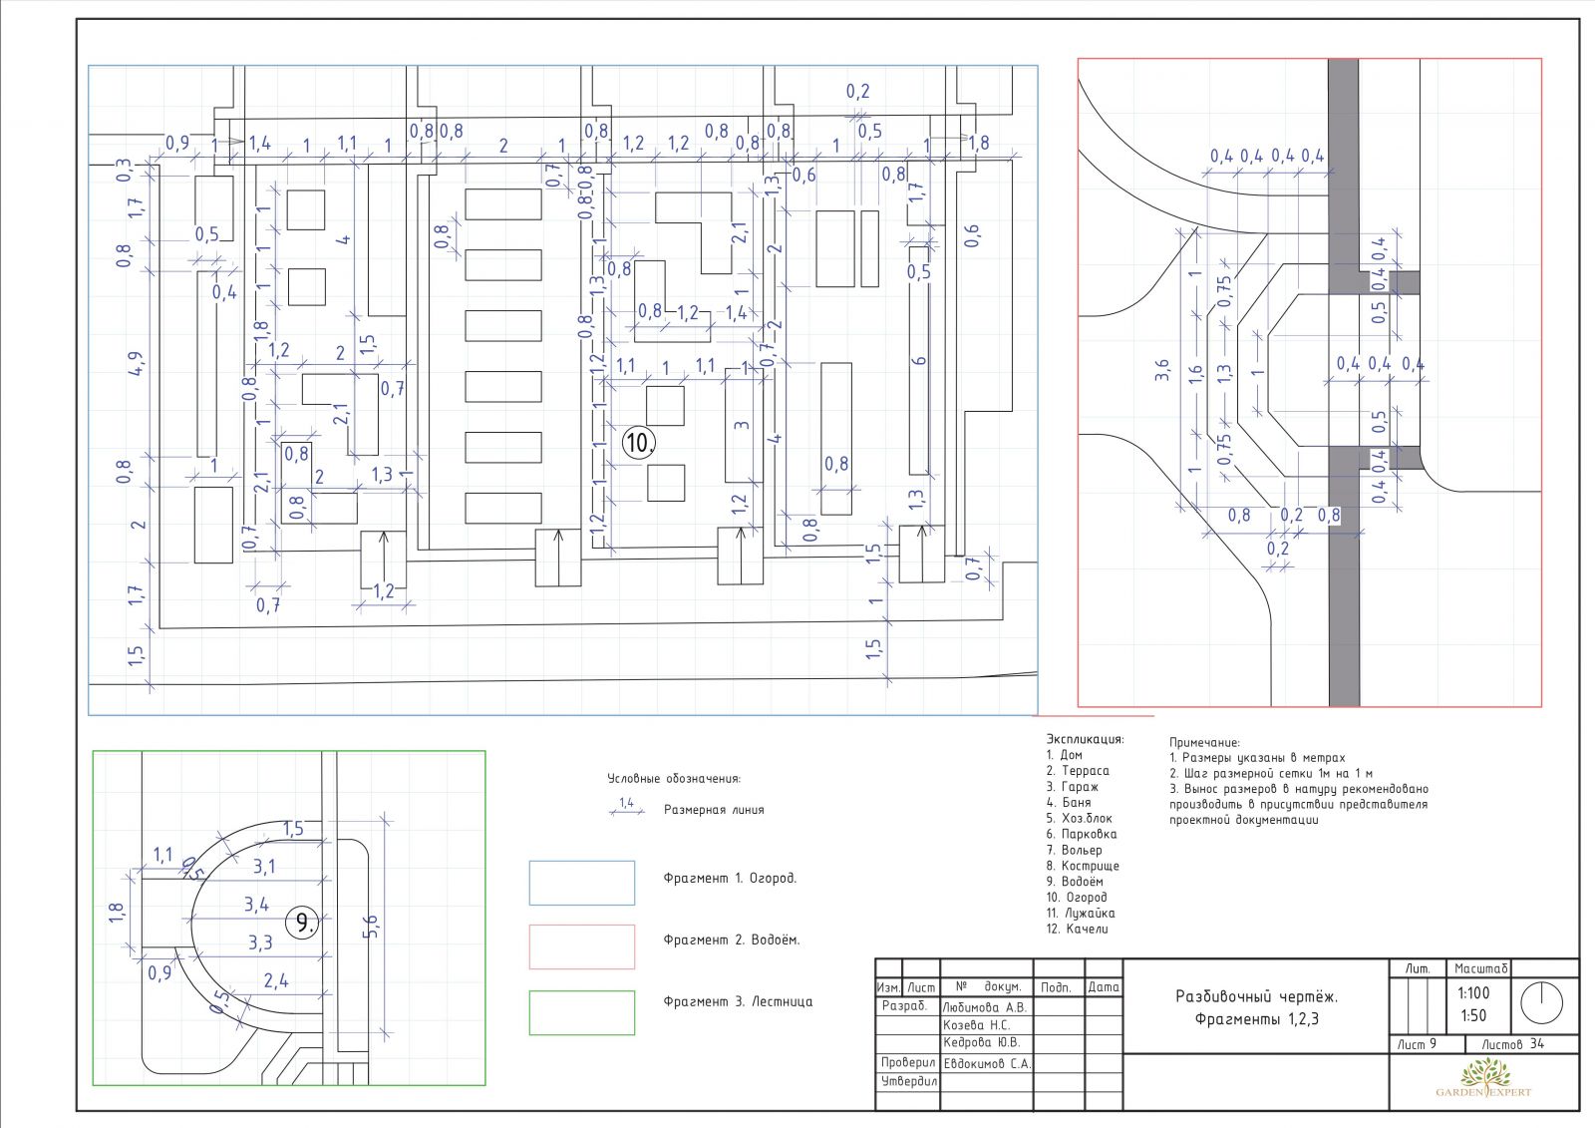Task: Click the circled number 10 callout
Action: tap(638, 443)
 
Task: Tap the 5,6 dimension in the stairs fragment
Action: tap(372, 927)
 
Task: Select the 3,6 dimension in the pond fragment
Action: tap(1162, 370)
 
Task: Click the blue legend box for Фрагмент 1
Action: tap(582, 883)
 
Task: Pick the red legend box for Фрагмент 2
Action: tap(582, 947)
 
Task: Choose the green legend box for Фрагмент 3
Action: tap(582, 1012)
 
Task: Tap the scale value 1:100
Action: tap(1473, 992)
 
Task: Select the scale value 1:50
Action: tap(1473, 1015)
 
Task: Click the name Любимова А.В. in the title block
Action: tap(984, 1007)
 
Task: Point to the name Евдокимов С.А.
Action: tap(987, 1063)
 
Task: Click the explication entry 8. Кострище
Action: tap(1083, 866)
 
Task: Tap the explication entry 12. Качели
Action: tap(1077, 929)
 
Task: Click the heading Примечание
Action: tap(1204, 742)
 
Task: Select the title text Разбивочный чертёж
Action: tap(1257, 996)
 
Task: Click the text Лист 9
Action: tap(1417, 1044)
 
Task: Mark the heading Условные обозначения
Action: tap(674, 778)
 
